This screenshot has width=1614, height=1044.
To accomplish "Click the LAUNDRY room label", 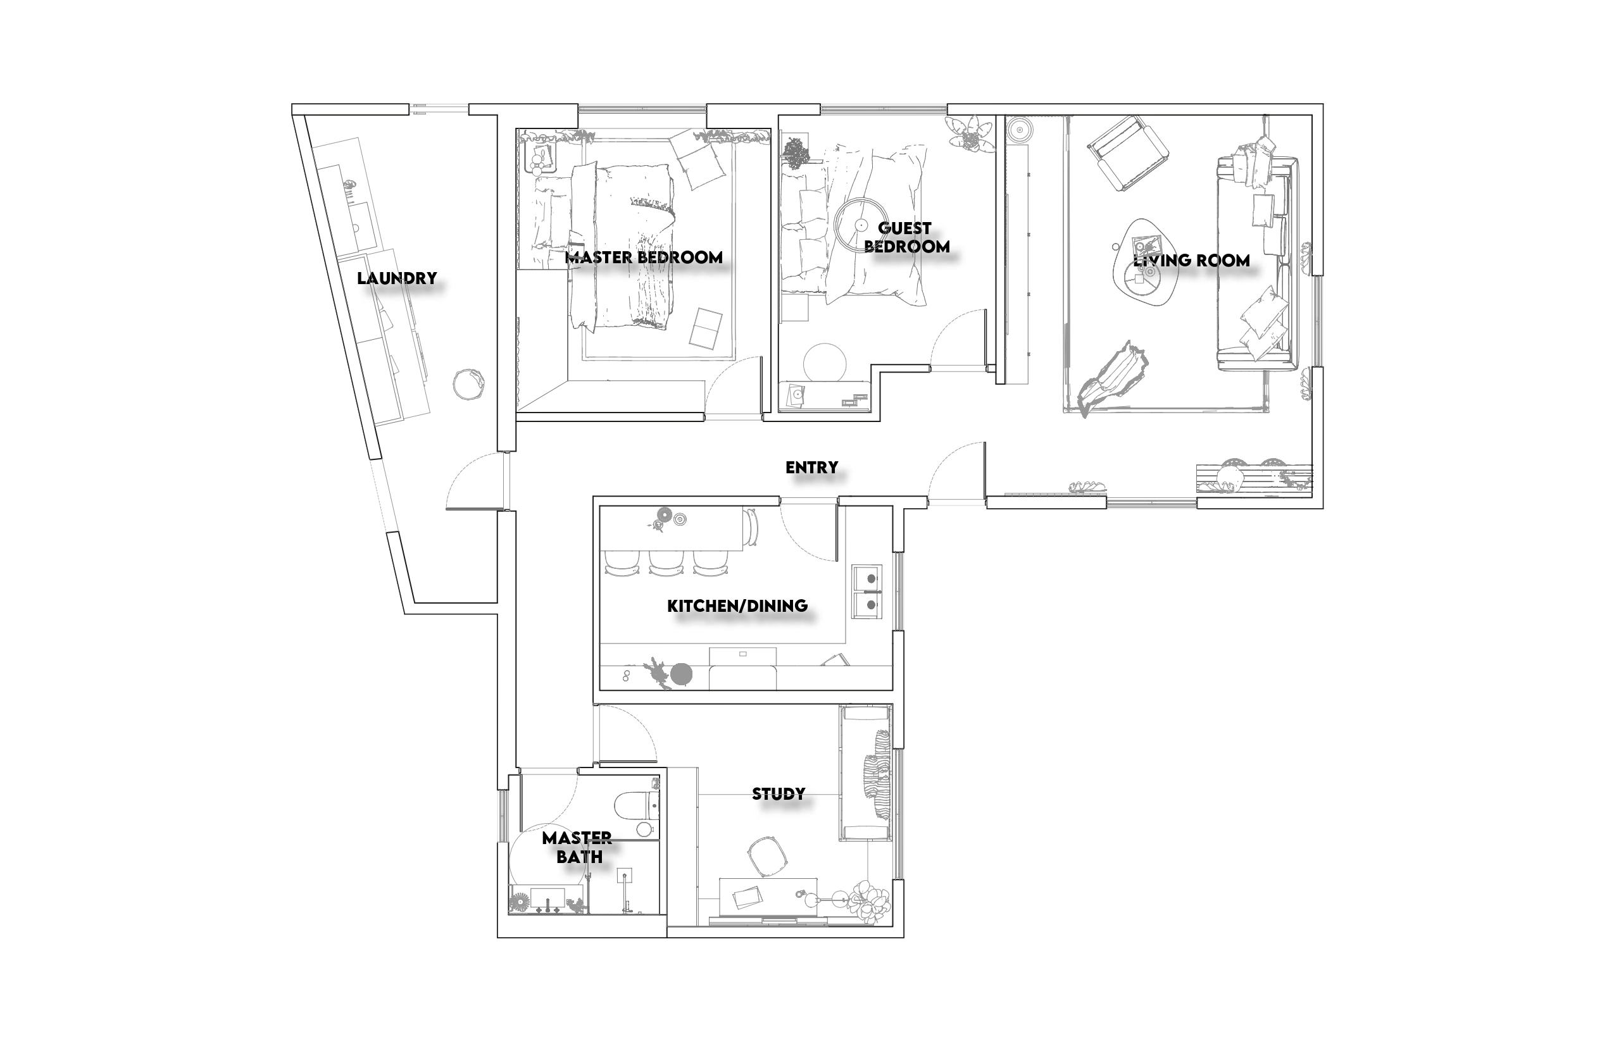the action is (x=397, y=278).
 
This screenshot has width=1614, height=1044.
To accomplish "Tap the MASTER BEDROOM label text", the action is (x=644, y=258).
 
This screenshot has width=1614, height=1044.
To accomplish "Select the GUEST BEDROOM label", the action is (x=906, y=237).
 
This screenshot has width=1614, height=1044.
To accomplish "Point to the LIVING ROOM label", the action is (x=1191, y=260).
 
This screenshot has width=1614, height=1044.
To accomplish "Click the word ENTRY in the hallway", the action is (x=811, y=467).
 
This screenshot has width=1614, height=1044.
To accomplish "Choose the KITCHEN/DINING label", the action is (x=737, y=606).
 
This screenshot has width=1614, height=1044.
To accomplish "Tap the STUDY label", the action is (x=779, y=794).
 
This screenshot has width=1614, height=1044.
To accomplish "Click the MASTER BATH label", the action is (x=578, y=847).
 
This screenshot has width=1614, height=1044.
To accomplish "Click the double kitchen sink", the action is (x=867, y=591).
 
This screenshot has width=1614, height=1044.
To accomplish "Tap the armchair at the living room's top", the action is (x=1128, y=153).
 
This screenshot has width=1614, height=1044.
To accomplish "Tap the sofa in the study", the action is (x=865, y=773).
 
